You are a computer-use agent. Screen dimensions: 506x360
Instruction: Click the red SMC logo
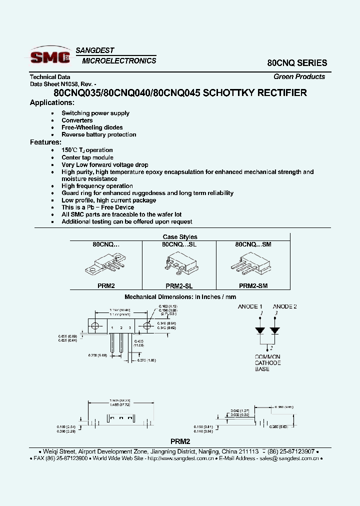coord(49,57)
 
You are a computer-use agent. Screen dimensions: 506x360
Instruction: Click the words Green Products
coord(299,76)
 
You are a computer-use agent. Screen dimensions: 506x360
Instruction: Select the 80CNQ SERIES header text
coord(297,63)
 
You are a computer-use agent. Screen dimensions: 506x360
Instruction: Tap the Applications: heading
coord(52,102)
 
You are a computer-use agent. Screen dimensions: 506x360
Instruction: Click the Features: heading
coord(45,142)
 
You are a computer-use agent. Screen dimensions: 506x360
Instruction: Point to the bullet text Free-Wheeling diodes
coord(92,127)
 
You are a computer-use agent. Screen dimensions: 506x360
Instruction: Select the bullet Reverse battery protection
coord(98,134)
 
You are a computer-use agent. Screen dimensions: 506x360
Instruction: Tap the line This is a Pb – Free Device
coord(97,207)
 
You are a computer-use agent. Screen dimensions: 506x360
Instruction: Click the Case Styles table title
coord(180,237)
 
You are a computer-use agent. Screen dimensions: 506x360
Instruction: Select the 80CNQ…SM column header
coord(253,244)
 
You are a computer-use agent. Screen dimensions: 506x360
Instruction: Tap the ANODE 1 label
coord(250,306)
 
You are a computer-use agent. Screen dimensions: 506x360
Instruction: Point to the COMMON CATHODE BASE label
coord(267,363)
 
